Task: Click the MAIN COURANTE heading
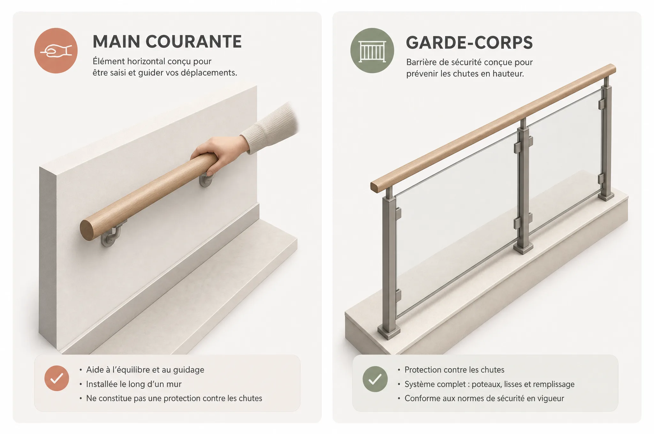pos(167,41)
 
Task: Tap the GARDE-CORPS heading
pos(469,42)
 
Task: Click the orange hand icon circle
pos(56,50)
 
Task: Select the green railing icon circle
pos(372,50)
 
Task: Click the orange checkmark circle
pos(57,378)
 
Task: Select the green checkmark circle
pos(375,379)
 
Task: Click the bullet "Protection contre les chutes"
pos(454,370)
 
